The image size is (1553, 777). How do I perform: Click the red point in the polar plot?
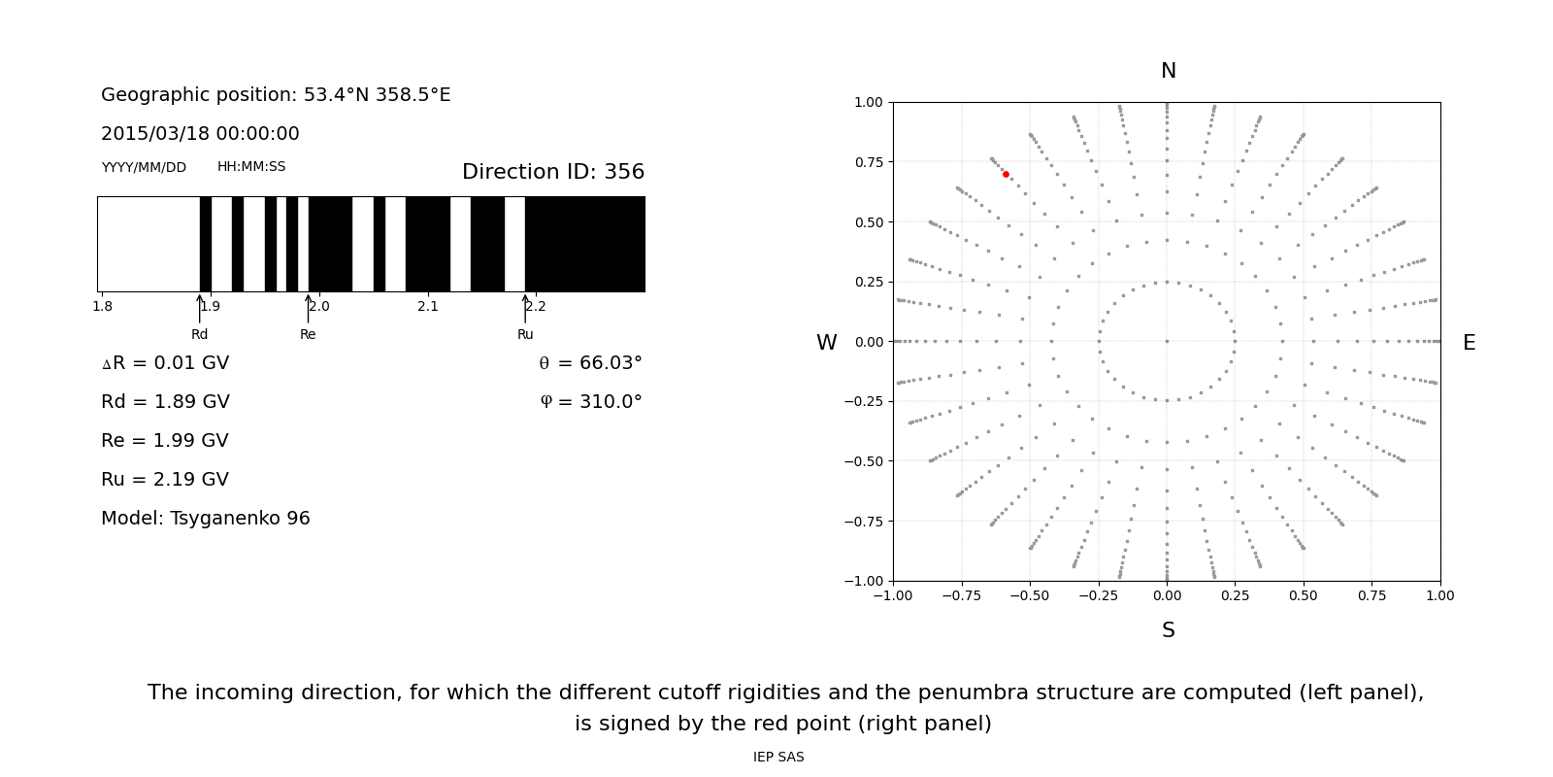point(1006,175)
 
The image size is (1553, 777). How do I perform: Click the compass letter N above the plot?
point(1168,71)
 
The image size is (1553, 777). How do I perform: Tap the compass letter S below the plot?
point(1168,630)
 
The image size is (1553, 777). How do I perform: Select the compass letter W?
point(826,343)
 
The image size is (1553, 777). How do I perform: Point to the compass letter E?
point(1469,343)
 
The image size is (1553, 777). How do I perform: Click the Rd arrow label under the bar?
point(199,334)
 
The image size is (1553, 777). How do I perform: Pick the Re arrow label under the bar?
point(308,334)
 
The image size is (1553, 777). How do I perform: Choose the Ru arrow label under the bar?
point(525,334)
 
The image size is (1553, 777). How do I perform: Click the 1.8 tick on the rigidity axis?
point(102,306)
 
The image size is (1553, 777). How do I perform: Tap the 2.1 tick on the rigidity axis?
point(428,306)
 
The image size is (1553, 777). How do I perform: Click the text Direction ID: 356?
point(552,172)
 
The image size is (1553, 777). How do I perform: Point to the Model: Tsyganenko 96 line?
point(206,519)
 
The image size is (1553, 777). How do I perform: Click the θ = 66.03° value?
point(590,363)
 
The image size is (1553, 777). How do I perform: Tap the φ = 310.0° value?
point(591,402)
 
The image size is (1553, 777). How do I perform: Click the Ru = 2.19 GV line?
point(165,480)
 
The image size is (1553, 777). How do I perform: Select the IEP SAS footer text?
point(778,757)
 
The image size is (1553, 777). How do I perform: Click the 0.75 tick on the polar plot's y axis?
point(868,162)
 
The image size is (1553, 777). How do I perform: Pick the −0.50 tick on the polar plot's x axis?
point(1030,595)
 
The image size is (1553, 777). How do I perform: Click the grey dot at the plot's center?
point(1167,341)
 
